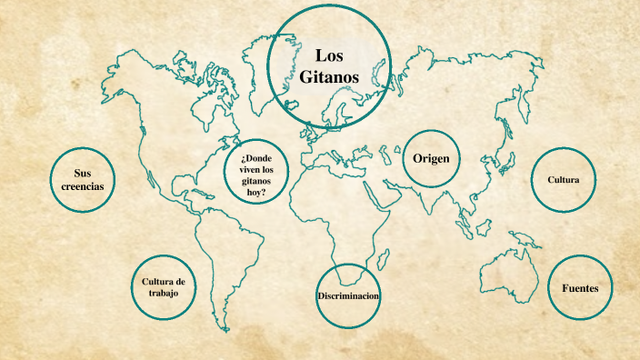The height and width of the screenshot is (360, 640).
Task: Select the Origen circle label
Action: click(431, 158)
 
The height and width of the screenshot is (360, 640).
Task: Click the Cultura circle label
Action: click(564, 180)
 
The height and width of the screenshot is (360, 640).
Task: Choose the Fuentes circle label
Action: click(579, 288)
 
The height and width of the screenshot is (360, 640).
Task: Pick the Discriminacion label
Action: click(348, 297)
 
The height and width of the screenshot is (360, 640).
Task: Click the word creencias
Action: click(83, 185)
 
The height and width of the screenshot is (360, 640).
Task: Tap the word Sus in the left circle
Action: click(83, 173)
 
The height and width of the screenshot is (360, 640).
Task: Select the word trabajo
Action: click(165, 294)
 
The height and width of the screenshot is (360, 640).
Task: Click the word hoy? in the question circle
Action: click(255, 193)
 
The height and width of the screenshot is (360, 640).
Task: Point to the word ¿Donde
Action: click(257, 157)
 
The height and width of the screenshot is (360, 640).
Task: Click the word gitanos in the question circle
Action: click(255, 181)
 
